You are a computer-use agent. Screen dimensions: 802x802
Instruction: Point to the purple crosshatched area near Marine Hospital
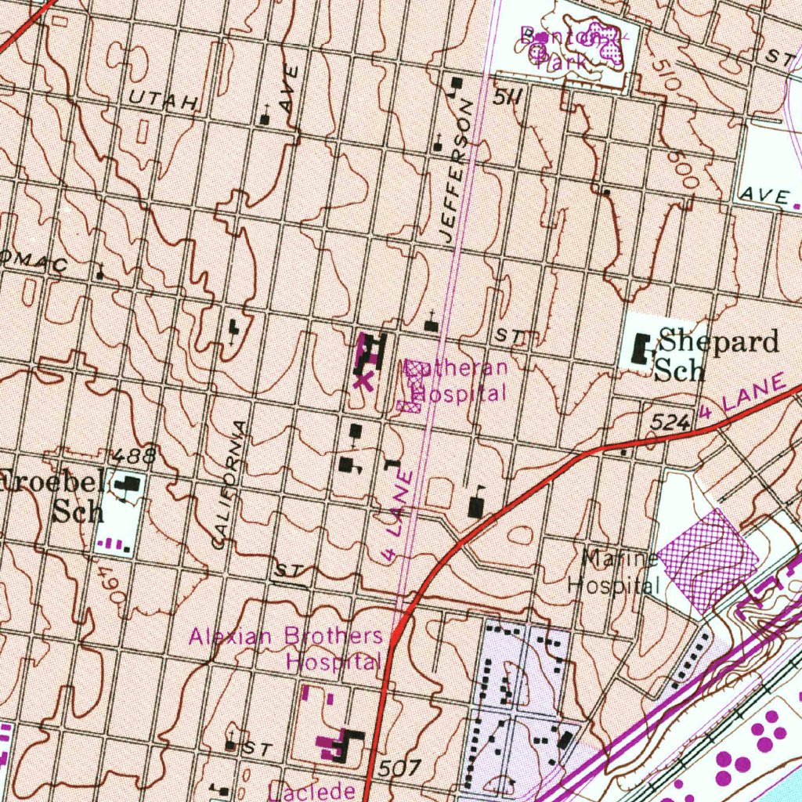pyautogui.click(x=707, y=559)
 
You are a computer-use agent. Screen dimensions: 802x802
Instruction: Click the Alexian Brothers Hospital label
pyautogui.click(x=287, y=648)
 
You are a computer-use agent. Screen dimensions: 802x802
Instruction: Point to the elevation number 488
pyautogui.click(x=133, y=456)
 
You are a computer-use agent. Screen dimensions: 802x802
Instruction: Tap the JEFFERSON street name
pyautogui.click(x=457, y=171)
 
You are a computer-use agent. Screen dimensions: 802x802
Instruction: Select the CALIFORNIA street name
pyautogui.click(x=229, y=484)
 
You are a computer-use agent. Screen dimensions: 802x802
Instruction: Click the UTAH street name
pyautogui.click(x=165, y=99)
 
